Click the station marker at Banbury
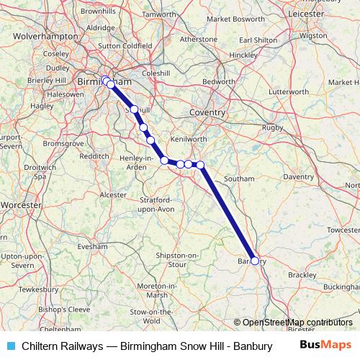[x=254, y=261]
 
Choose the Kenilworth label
[x=190, y=138]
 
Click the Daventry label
[x=298, y=176]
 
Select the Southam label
[x=239, y=178]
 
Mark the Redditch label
[x=94, y=156]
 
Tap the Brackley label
[x=302, y=275]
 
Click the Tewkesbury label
[x=39, y=289]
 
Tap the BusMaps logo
[x=325, y=346]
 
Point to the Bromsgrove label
[x=64, y=143]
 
